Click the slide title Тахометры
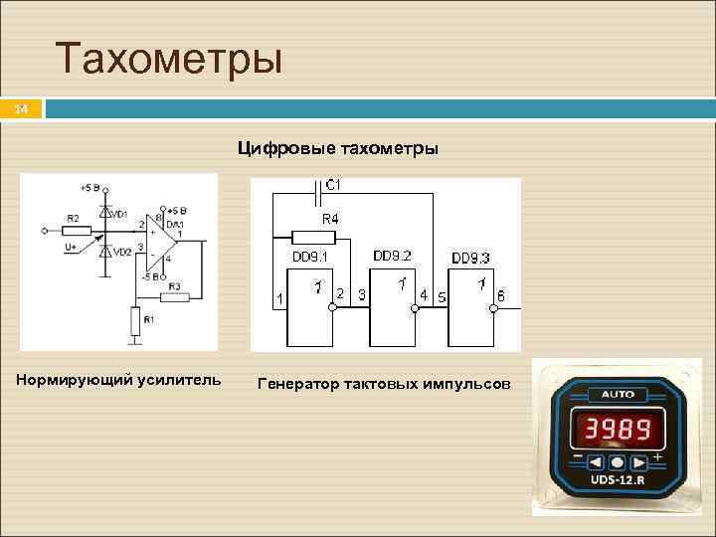[169, 59]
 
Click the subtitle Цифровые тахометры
[337, 149]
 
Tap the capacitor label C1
[332, 185]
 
